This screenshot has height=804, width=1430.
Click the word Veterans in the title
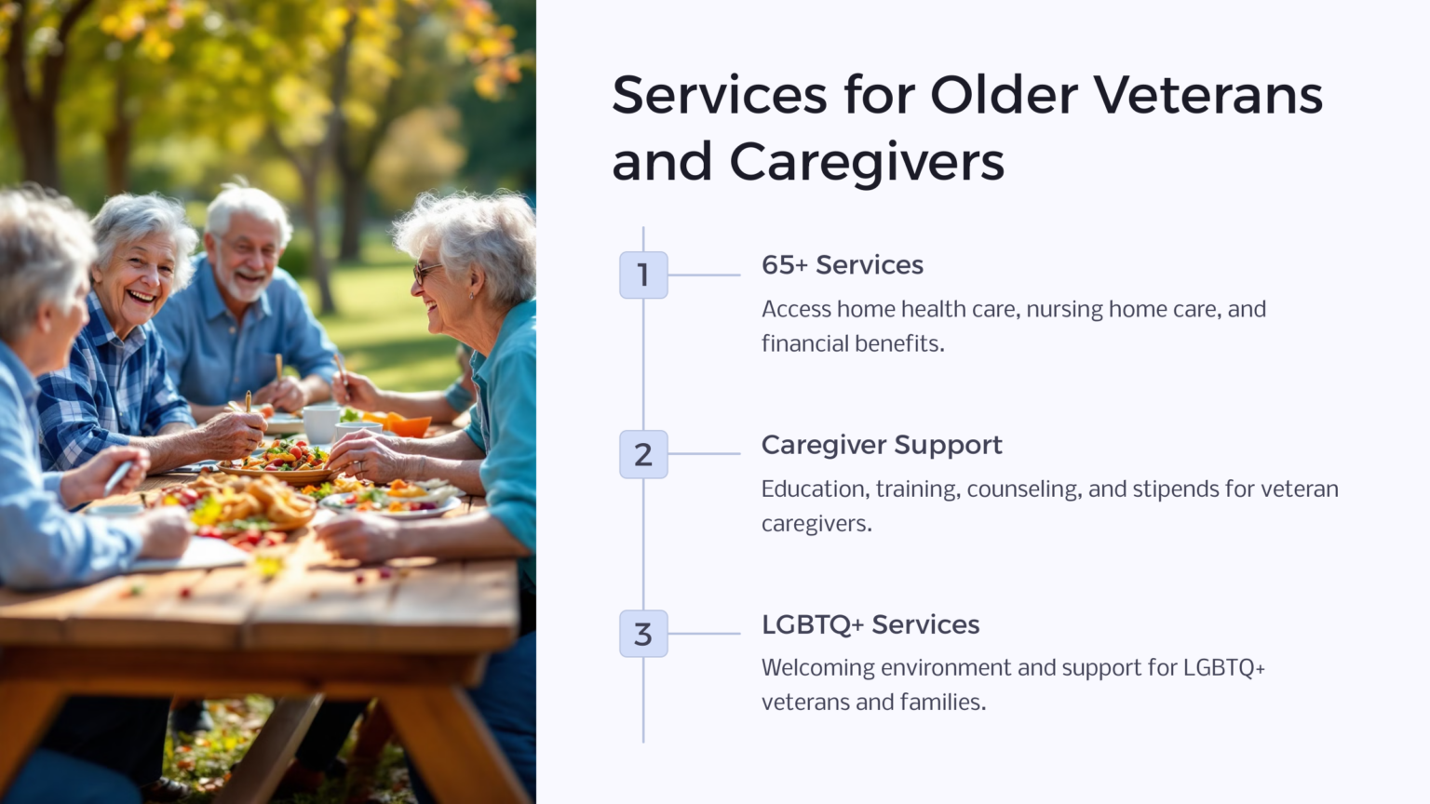pyautogui.click(x=1207, y=95)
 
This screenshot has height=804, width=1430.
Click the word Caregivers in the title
pyautogui.click(x=866, y=162)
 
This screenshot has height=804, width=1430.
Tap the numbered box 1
pyautogui.click(x=643, y=275)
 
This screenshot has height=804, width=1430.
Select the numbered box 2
pyautogui.click(x=643, y=455)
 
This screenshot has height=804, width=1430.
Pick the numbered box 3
pyautogui.click(x=643, y=635)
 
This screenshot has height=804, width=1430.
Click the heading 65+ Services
pyautogui.click(x=842, y=265)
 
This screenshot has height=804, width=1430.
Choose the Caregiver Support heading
pyautogui.click(x=881, y=445)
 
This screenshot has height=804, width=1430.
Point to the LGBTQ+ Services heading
pyautogui.click(x=870, y=624)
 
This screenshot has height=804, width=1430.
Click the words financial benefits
pyautogui.click(x=852, y=343)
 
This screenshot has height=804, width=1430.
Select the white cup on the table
pyautogui.click(x=321, y=422)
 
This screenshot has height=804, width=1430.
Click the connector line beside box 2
pyautogui.click(x=704, y=454)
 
